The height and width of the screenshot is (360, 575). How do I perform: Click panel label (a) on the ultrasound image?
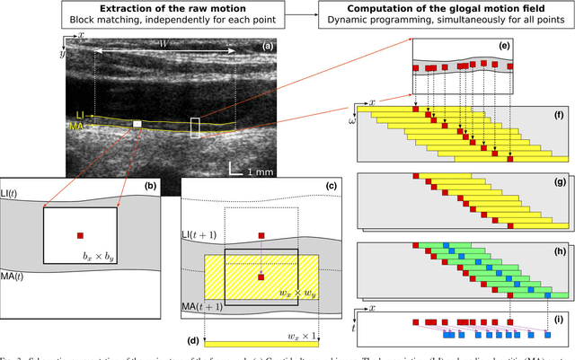click(x=267, y=45)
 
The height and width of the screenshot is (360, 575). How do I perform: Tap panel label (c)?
click(x=305, y=185)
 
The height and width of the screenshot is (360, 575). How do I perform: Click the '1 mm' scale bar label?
click(x=259, y=170)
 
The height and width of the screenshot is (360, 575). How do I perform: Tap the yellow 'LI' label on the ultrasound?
click(x=80, y=115)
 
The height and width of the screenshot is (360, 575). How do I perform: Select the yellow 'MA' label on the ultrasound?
click(x=78, y=127)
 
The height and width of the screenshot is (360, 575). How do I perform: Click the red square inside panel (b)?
click(x=80, y=235)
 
